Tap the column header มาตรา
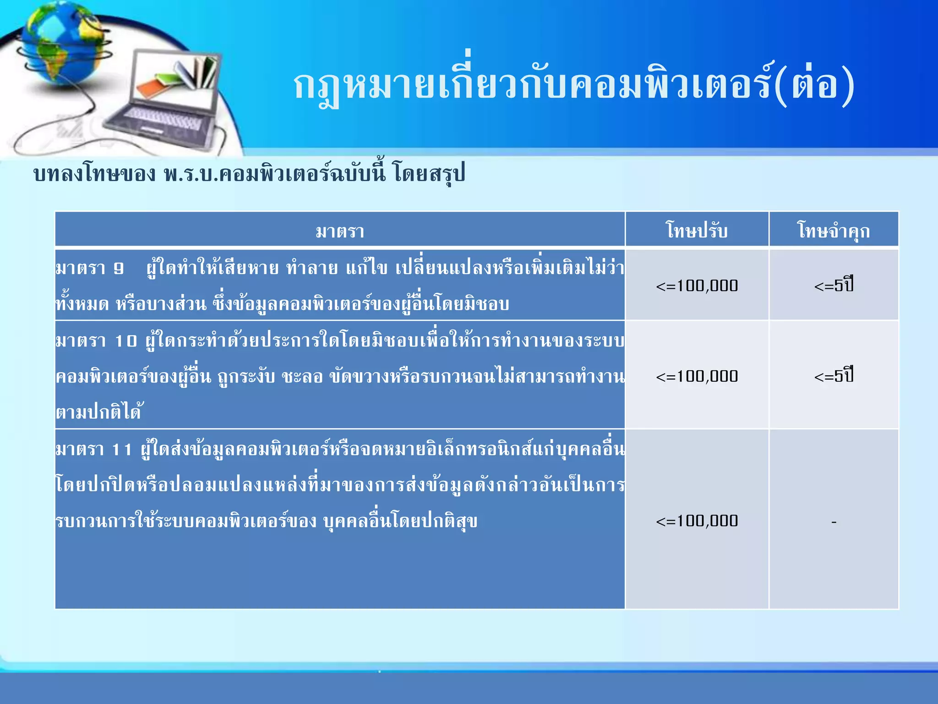(340, 231)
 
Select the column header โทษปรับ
(697, 230)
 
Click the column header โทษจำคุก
(834, 231)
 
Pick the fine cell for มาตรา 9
(697, 286)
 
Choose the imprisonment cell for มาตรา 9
(834, 286)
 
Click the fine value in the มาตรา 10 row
(697, 376)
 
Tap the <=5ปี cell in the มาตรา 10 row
(834, 376)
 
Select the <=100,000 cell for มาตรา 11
(697, 521)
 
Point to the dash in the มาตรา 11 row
(834, 522)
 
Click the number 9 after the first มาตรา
(119, 269)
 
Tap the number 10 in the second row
(126, 341)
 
